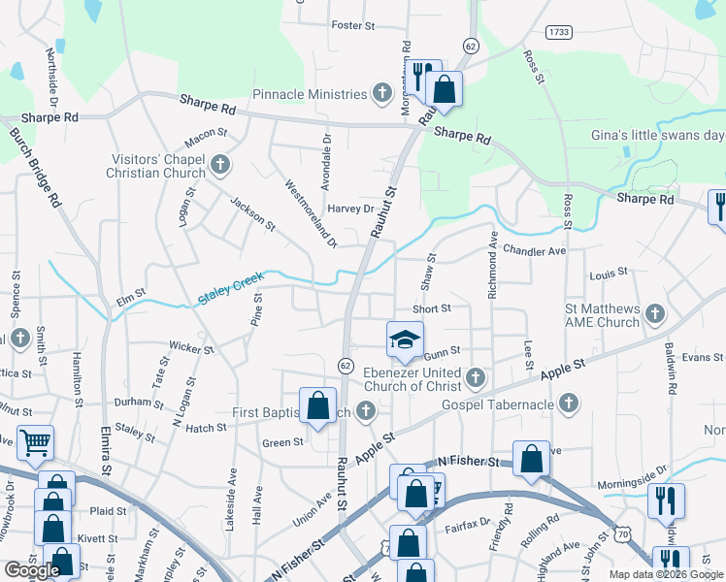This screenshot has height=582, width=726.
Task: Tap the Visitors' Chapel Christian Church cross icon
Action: click(220, 164)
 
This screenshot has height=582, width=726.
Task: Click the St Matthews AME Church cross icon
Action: click(655, 313)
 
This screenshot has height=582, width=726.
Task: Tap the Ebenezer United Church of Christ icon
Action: click(475, 375)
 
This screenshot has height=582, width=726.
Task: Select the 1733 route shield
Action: click(557, 32)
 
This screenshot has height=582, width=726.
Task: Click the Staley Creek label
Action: click(230, 289)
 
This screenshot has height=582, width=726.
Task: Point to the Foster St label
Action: click(352, 25)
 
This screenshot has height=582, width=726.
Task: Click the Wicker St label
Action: click(190, 347)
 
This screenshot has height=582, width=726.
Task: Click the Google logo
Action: click(32, 570)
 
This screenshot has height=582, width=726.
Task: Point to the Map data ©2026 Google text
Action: click(666, 574)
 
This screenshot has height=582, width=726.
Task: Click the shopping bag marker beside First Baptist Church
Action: click(317, 406)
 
